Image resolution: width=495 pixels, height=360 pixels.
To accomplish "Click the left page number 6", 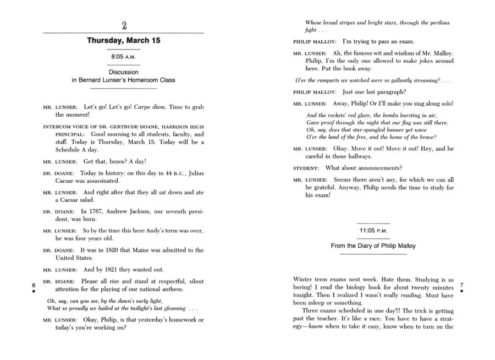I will click(34, 285).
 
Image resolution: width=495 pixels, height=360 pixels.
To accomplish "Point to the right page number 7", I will click(461, 285).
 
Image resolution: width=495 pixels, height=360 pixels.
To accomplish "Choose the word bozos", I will click(112, 161).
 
